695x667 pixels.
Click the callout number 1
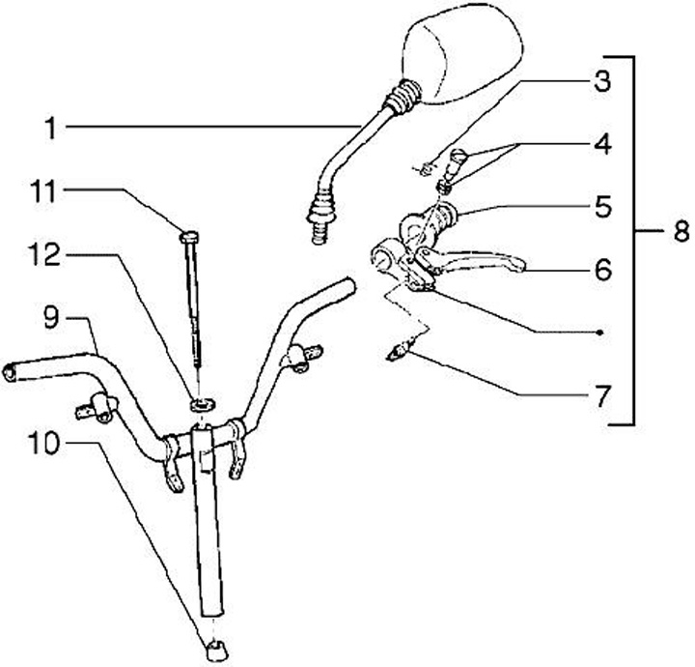50,127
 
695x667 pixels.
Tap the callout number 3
602,81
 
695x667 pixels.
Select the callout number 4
602,146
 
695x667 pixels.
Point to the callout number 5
602,206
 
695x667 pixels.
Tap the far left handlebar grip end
12,369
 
